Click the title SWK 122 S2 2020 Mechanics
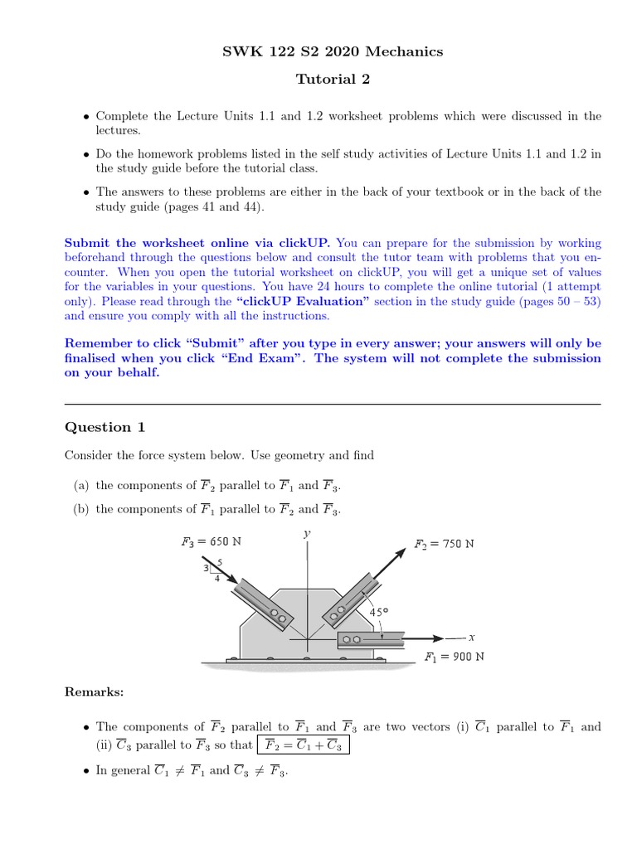[x=333, y=51]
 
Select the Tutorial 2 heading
[x=333, y=80]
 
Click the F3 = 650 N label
[x=212, y=542]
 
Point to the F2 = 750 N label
[x=444, y=545]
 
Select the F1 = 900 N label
[x=454, y=657]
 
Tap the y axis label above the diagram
[x=307, y=535]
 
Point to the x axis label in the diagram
[x=470, y=638]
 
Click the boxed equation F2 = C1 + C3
[x=304, y=745]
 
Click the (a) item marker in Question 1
[x=80, y=485]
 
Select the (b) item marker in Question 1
[x=80, y=509]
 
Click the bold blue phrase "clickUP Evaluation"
[x=303, y=301]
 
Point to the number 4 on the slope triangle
[x=216, y=579]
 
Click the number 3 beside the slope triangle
[x=207, y=568]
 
